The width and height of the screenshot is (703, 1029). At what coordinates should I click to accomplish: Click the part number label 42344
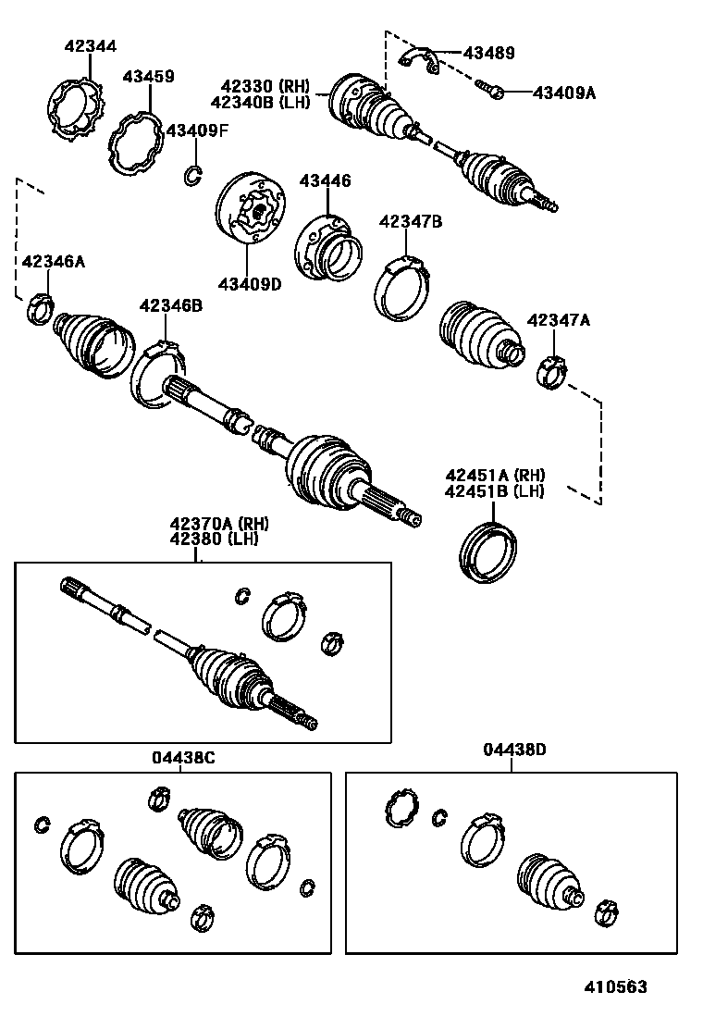point(91,45)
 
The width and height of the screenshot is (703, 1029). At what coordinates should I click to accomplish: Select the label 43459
point(148,77)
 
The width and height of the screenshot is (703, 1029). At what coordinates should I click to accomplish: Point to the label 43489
point(488,54)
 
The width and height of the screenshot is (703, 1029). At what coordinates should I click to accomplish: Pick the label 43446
point(324,181)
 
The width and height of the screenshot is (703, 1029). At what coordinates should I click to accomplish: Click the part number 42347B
point(411,221)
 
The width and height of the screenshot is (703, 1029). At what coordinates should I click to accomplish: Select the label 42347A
point(558,320)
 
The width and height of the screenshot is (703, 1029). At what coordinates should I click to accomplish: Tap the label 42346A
point(53,262)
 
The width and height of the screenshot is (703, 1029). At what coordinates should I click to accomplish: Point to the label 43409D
point(249,283)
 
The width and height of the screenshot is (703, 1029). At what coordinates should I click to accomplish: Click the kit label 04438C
point(183,757)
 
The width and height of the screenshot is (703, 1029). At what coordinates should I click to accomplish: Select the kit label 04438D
point(514,750)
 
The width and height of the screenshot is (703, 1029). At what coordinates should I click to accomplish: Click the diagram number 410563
point(615,987)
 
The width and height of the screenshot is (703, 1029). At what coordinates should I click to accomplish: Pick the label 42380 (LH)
point(218,539)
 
